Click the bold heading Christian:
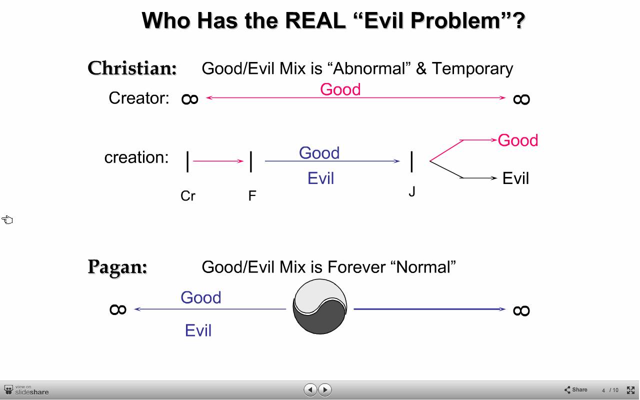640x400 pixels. click(x=132, y=68)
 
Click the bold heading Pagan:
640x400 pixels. click(x=117, y=267)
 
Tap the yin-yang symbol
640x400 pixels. click(x=319, y=306)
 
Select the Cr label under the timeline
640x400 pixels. click(x=188, y=196)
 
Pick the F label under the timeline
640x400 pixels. click(x=252, y=195)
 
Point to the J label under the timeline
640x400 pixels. click(x=411, y=191)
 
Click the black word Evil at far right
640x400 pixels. click(x=515, y=178)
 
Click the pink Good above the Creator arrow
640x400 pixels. click(x=340, y=89)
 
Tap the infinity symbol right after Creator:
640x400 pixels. click(x=189, y=99)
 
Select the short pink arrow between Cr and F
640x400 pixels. click(x=218, y=161)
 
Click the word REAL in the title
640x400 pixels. click(x=315, y=21)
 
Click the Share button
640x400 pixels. click(x=575, y=389)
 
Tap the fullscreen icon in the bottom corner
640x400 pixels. click(x=630, y=390)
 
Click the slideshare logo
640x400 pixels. click(x=26, y=390)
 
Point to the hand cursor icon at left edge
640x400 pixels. click(x=7, y=219)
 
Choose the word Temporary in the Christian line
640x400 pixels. click(x=472, y=69)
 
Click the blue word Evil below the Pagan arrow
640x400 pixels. click(x=198, y=330)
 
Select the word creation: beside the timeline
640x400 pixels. click(x=136, y=157)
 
